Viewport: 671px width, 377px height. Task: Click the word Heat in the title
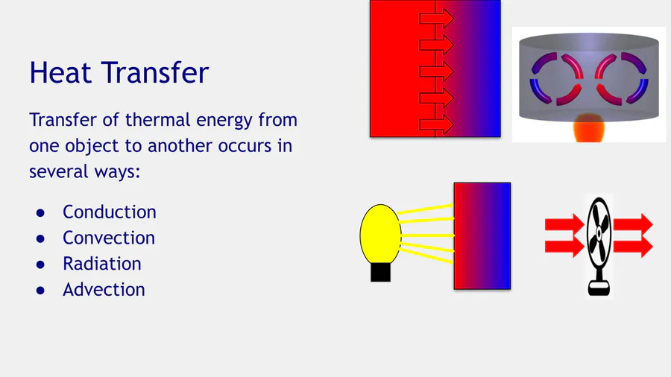click(x=60, y=72)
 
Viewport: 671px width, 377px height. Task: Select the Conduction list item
click(x=110, y=212)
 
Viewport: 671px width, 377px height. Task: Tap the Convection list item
click(x=109, y=238)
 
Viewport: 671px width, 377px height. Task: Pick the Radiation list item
click(x=102, y=264)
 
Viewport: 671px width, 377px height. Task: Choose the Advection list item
click(x=104, y=289)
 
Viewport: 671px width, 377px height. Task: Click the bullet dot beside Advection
click(x=41, y=291)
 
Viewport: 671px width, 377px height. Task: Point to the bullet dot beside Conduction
click(x=41, y=213)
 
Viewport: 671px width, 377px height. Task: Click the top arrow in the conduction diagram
click(x=436, y=19)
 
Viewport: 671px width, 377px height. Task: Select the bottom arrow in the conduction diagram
click(x=436, y=125)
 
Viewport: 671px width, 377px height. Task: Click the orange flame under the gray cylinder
click(x=589, y=127)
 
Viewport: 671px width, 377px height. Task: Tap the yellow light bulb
click(x=380, y=234)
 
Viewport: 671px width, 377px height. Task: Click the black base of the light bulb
click(x=380, y=272)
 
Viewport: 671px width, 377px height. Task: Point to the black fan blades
click(x=599, y=233)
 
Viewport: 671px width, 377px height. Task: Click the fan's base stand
click(x=599, y=288)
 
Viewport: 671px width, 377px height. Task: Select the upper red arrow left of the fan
click(x=564, y=224)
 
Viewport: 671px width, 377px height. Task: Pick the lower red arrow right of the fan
click(x=633, y=247)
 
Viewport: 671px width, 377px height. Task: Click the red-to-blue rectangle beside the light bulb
click(x=482, y=236)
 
